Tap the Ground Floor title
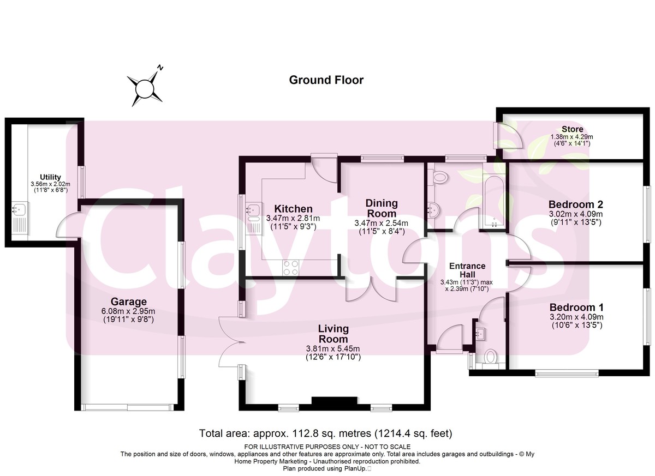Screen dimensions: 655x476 click(x=326, y=80)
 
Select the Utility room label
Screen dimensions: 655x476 click(x=50, y=177)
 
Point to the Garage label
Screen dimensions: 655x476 click(x=129, y=302)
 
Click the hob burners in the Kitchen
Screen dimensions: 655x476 click(x=291, y=268)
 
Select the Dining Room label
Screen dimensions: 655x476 click(x=382, y=208)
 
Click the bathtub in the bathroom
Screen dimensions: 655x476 click(x=494, y=201)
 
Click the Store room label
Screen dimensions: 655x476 click(x=573, y=129)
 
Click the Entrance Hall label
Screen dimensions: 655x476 click(x=467, y=270)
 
